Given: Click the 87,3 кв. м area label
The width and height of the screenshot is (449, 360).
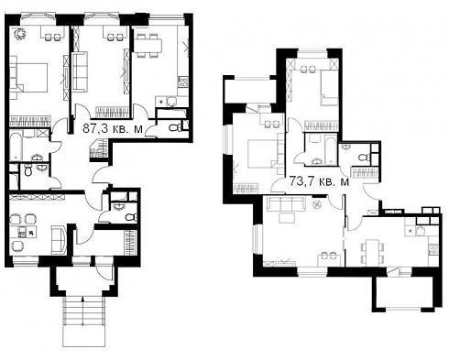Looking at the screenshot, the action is click(x=113, y=128).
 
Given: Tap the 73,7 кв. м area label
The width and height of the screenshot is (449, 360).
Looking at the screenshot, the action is click(x=319, y=181).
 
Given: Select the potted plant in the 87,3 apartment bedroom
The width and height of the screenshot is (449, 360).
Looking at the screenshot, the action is click(x=20, y=33).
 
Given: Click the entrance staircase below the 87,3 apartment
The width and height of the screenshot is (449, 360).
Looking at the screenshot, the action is click(x=83, y=322).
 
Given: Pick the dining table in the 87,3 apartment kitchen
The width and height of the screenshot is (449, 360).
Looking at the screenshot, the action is click(x=147, y=46).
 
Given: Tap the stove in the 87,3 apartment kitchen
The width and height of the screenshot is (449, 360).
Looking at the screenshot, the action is click(x=183, y=82).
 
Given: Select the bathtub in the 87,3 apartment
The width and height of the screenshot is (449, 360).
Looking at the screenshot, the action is click(x=16, y=146).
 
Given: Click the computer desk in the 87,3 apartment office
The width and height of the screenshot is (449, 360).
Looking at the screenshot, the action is click(x=23, y=233).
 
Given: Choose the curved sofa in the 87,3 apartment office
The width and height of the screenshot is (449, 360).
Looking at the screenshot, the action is click(x=59, y=240).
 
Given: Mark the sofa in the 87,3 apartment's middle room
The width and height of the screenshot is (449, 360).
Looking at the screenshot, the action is click(x=80, y=71).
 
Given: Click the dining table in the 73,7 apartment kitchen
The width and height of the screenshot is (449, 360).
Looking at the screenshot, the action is click(x=372, y=252).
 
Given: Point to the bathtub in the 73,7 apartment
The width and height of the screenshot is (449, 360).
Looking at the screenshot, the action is click(x=331, y=149).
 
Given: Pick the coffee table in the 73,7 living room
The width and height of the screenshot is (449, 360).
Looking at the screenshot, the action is click(x=287, y=218).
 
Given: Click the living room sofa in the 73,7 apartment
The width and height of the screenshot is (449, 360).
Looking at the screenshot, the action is click(x=286, y=203).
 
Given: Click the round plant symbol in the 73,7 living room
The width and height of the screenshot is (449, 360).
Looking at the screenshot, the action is click(x=317, y=204).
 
